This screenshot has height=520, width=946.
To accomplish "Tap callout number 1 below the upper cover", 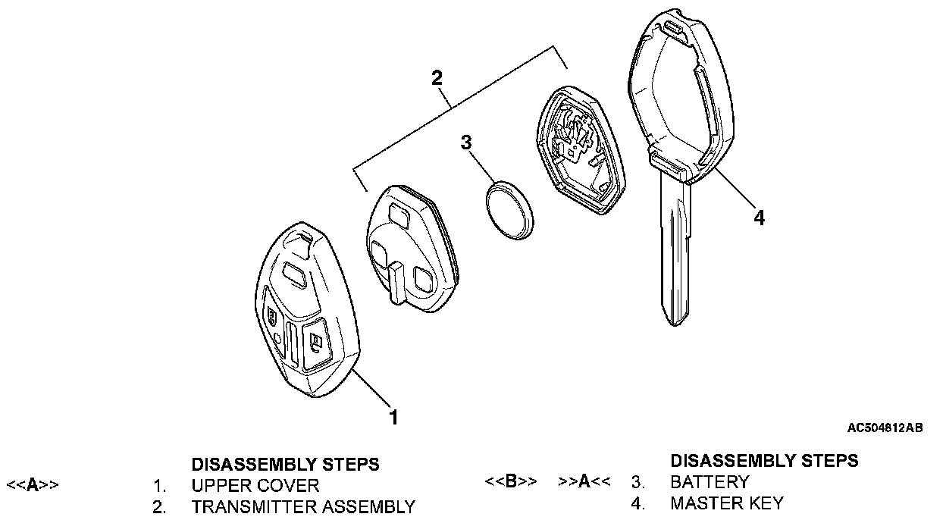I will (393, 416).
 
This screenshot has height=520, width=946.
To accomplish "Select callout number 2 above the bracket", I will (437, 77).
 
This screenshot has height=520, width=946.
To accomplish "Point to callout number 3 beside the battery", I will (467, 143).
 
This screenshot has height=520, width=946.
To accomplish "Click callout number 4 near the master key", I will (759, 218).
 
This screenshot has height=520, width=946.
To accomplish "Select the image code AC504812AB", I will (885, 428).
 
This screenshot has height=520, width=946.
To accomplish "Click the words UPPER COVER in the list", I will (255, 485).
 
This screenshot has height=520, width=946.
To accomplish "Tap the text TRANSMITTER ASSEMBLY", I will (303, 506).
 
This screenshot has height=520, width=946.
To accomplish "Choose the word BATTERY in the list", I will (709, 482).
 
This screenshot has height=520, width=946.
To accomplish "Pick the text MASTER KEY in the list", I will (727, 503).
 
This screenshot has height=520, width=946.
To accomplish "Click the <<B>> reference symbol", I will (511, 482).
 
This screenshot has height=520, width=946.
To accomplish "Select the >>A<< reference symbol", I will (584, 482).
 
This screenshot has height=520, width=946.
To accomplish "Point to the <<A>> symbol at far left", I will (33, 485).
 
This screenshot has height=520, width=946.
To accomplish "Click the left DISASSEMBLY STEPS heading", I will (285, 463).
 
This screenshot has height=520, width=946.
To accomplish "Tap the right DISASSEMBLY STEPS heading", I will (764, 460).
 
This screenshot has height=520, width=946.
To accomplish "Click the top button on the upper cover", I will (294, 274).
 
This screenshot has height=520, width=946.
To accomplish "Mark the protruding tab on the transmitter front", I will (396, 281).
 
